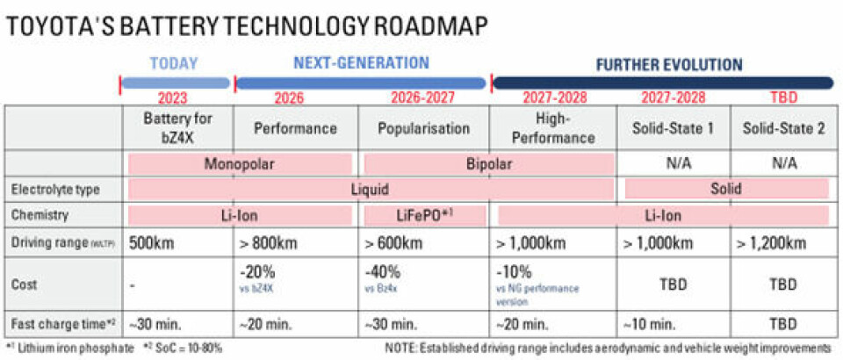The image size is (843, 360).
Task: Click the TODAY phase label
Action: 174,64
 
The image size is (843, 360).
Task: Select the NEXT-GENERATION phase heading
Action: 361,63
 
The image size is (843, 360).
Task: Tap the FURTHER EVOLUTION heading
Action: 669,64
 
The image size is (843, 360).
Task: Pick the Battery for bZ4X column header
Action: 177,127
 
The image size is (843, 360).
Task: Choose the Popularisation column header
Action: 423,128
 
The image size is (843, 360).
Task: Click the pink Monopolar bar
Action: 240,163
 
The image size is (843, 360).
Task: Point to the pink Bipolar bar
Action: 490,163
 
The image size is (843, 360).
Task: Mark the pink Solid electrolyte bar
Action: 727,189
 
